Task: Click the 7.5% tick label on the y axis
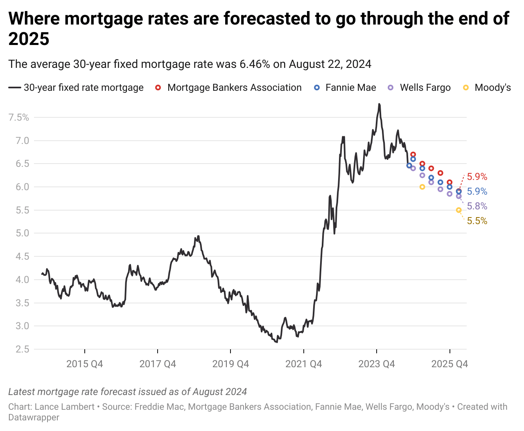pyautogui.click(x=19, y=118)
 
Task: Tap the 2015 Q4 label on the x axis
pyautogui.click(x=85, y=364)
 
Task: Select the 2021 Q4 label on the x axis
pyautogui.click(x=303, y=364)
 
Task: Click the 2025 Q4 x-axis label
pyautogui.click(x=449, y=364)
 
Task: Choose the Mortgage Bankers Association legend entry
pyautogui.click(x=234, y=88)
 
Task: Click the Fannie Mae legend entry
pyautogui.click(x=350, y=88)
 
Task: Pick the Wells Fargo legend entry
pyautogui.click(x=425, y=88)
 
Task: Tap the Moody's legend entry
pyautogui.click(x=492, y=88)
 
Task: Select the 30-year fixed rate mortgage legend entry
pyautogui.click(x=84, y=88)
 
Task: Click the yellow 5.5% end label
pyautogui.click(x=477, y=221)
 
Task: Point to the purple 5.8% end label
pyautogui.click(x=477, y=207)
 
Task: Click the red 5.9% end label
pyautogui.click(x=477, y=177)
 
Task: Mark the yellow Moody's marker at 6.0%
pyautogui.click(x=422, y=187)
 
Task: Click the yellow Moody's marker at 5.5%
pyautogui.click(x=458, y=210)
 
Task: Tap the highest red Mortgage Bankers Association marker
pyautogui.click(x=413, y=155)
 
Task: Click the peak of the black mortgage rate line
pyautogui.click(x=379, y=104)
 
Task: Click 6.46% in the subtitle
pyautogui.click(x=255, y=64)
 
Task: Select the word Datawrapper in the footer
pyautogui.click(x=34, y=418)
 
